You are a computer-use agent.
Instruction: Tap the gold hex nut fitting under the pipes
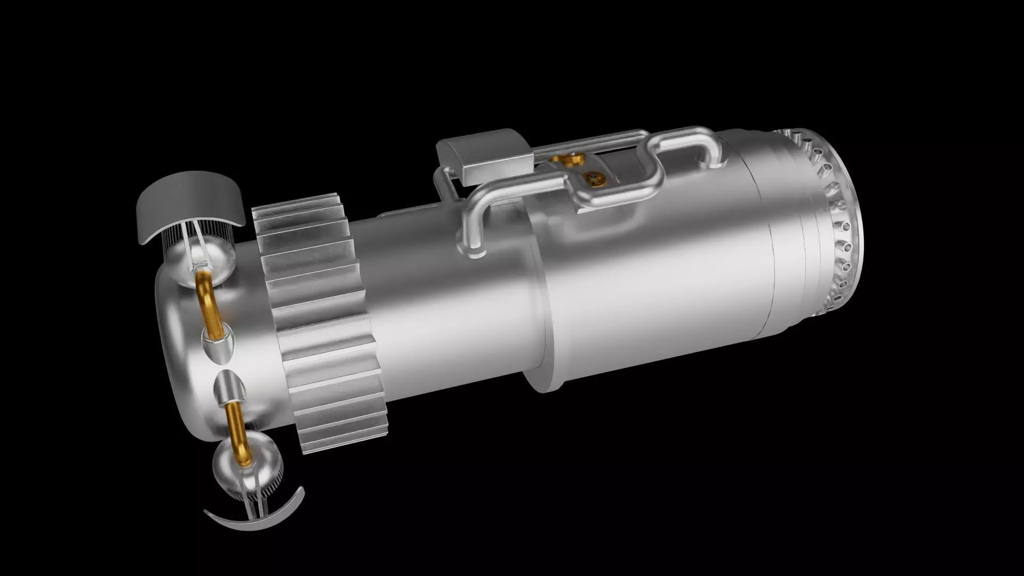[566, 158]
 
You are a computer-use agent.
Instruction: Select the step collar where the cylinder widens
[539, 299]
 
